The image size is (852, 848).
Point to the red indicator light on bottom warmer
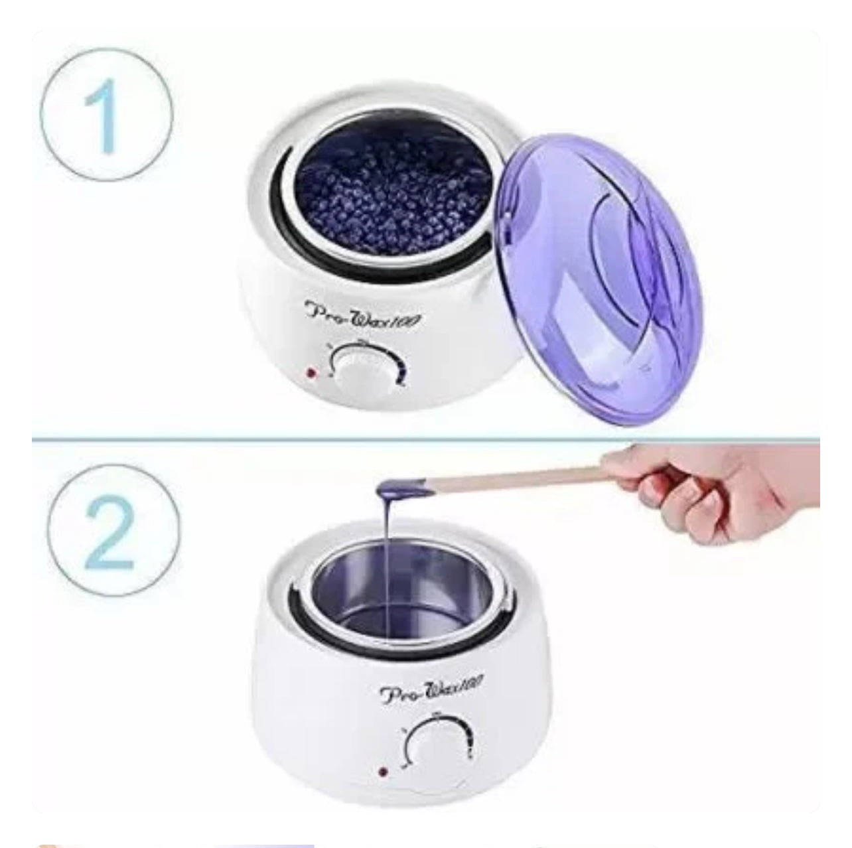(383, 772)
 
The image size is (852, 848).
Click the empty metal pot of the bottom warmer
(398, 597)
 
